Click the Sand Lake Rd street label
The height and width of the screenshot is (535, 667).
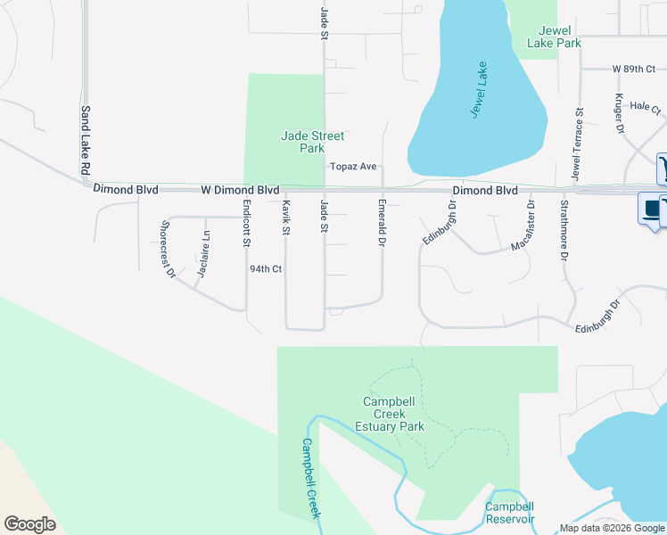click(86, 140)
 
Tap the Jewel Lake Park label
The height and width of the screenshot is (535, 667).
click(555, 37)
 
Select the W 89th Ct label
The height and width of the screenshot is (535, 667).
click(633, 69)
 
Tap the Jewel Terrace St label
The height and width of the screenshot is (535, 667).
click(577, 142)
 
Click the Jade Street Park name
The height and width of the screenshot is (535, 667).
click(312, 142)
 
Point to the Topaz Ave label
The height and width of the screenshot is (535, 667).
click(354, 166)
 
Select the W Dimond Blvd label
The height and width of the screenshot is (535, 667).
click(241, 190)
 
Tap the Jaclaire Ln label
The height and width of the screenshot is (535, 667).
click(204, 254)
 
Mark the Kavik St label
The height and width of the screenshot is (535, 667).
click(286, 218)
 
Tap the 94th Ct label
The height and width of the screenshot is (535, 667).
click(266, 268)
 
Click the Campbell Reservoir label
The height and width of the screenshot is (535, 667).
click(510, 513)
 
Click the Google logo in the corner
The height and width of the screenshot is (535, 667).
click(29, 524)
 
